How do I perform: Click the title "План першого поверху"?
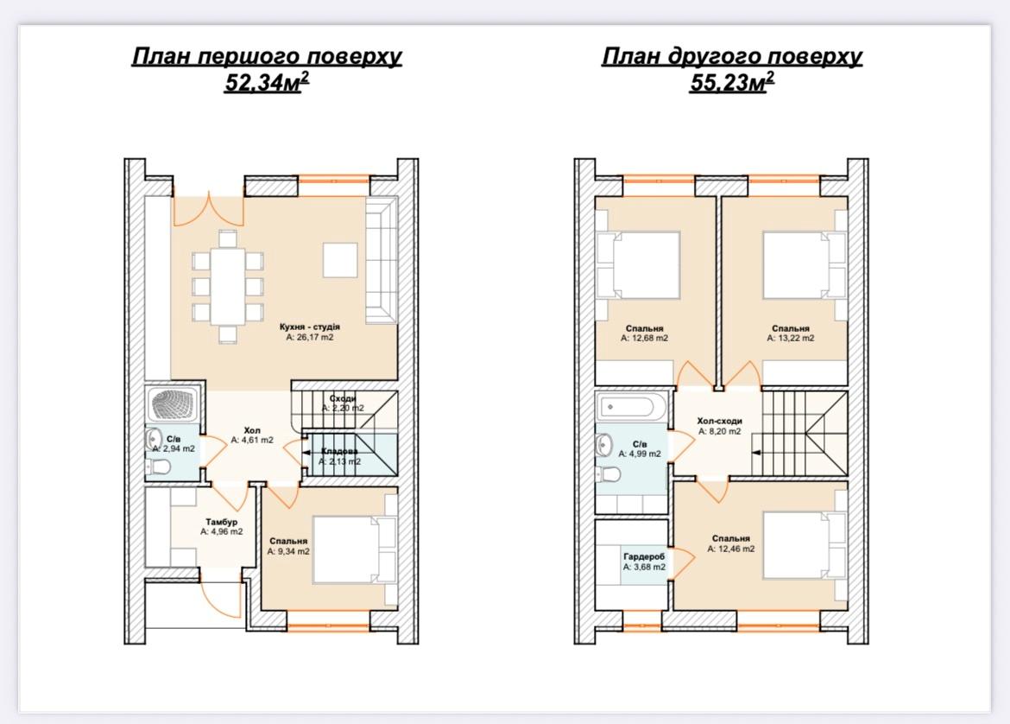267,57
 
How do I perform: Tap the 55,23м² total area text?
732,82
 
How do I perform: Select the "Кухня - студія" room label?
310,327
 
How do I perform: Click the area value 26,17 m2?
310,337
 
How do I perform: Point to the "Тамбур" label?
222,522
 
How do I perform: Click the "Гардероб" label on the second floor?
644,556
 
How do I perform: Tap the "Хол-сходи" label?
719,421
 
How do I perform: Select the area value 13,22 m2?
791,338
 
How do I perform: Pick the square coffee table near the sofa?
340,260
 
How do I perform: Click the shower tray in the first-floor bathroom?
173,404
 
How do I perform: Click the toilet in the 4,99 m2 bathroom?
608,475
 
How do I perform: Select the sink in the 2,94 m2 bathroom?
154,439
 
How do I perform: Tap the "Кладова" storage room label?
339,451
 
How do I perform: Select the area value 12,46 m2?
731,549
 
